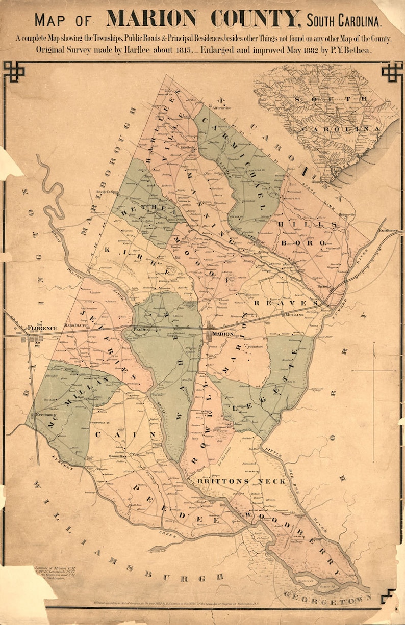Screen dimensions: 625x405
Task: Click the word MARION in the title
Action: (x=151, y=19)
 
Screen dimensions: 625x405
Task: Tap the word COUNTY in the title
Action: (x=254, y=19)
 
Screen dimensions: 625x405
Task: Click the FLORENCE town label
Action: (x=42, y=328)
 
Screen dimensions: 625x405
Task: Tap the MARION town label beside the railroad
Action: (x=223, y=334)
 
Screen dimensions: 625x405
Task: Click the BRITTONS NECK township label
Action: (x=223, y=481)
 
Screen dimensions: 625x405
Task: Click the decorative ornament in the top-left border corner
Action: (x=14, y=71)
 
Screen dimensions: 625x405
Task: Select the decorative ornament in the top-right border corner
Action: (x=391, y=71)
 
